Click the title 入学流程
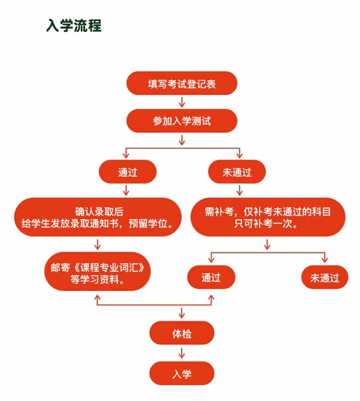(74, 25)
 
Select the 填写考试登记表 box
(182, 84)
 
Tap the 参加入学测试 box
(182, 121)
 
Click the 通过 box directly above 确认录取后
(128, 172)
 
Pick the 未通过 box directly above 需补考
(237, 172)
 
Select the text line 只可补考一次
(266, 223)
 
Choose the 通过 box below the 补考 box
(211, 277)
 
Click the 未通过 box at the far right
(325, 277)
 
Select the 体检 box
(182, 333)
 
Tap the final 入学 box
(182, 374)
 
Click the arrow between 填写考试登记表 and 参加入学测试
(182, 102)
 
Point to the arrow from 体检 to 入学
(182, 353)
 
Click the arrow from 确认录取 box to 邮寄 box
(97, 245)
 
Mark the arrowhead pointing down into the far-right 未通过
(325, 260)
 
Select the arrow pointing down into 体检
(182, 313)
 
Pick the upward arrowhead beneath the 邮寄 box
(97, 297)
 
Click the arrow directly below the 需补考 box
(267, 245)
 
